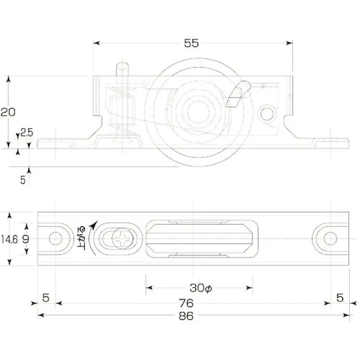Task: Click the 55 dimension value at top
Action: (191, 43)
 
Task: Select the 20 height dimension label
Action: (8, 112)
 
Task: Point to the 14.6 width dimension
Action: (9, 239)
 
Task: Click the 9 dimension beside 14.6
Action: (27, 239)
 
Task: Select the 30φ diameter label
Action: (200, 288)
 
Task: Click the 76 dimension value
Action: (186, 303)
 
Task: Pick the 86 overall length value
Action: (186, 316)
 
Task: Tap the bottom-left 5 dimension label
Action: (45, 298)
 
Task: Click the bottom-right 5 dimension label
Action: (339, 298)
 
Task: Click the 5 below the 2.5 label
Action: (23, 179)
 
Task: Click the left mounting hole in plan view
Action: (56, 238)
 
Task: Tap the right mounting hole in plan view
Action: (330, 238)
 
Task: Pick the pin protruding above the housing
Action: (123, 68)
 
